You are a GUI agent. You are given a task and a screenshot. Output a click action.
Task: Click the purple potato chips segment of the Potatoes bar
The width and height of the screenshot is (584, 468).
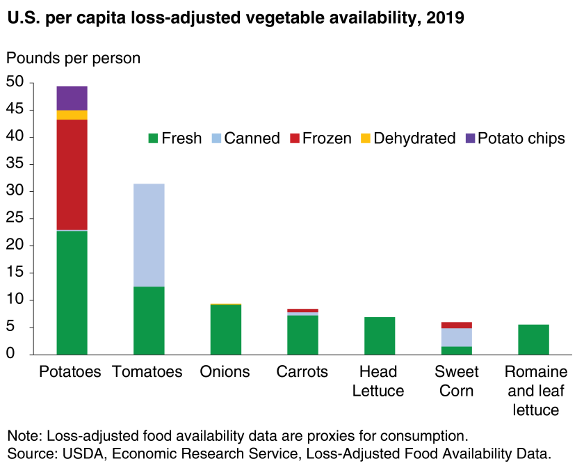click(x=72, y=98)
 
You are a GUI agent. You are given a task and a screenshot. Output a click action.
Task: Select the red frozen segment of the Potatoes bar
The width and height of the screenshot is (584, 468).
click(x=72, y=175)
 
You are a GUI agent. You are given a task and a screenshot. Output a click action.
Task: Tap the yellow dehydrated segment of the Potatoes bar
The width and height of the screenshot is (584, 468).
click(x=72, y=115)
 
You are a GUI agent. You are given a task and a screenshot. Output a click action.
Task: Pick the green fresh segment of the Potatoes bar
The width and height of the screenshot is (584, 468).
click(x=72, y=292)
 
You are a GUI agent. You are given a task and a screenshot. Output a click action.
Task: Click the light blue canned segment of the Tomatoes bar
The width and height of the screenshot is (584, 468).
click(x=149, y=235)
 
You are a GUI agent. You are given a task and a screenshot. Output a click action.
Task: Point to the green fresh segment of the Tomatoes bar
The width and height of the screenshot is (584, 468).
click(x=149, y=321)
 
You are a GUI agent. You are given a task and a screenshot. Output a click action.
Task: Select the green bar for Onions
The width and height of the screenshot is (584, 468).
click(x=226, y=330)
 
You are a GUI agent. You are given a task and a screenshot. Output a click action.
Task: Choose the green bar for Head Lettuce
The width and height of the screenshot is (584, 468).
click(x=380, y=336)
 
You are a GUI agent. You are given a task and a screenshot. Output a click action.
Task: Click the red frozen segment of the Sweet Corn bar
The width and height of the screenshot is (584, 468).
click(x=456, y=325)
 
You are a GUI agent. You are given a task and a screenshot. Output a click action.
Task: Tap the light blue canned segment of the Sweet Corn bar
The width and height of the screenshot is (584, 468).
click(x=456, y=337)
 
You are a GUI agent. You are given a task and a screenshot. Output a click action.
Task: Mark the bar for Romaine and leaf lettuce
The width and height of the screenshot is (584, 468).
click(x=533, y=339)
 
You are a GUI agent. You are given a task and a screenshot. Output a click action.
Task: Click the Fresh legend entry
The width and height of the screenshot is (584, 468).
click(x=175, y=138)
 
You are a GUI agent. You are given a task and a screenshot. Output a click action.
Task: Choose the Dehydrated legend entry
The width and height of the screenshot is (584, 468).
click(x=407, y=138)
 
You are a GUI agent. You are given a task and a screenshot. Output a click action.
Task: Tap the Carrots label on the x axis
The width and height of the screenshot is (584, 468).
click(x=302, y=372)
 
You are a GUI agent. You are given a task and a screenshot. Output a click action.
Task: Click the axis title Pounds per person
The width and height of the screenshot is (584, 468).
click(x=74, y=58)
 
